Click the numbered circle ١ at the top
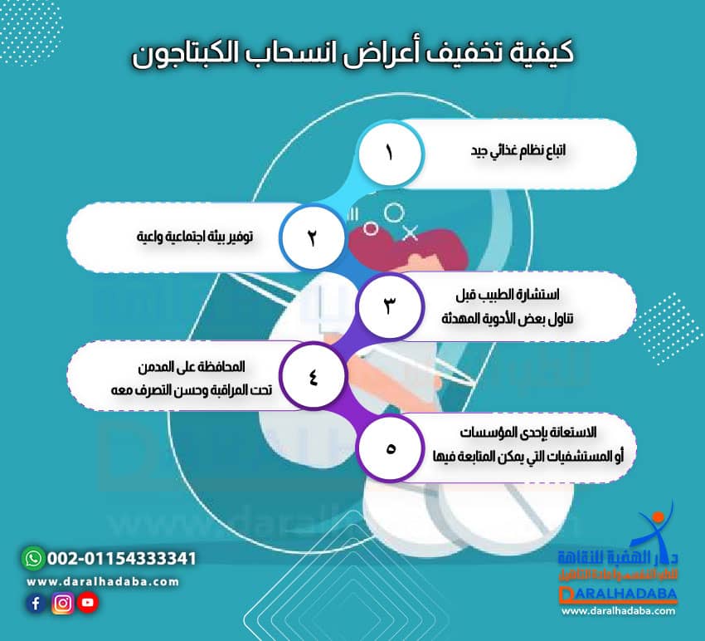click(390, 154)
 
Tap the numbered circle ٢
click(313, 237)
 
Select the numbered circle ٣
click(390, 305)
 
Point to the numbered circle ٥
click(390, 448)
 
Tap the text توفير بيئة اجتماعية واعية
click(195, 237)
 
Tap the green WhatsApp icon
click(32, 558)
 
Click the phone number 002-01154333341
click(122, 558)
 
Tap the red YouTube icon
click(87, 604)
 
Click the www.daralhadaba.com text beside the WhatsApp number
click(103, 581)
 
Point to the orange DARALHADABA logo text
click(618, 595)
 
